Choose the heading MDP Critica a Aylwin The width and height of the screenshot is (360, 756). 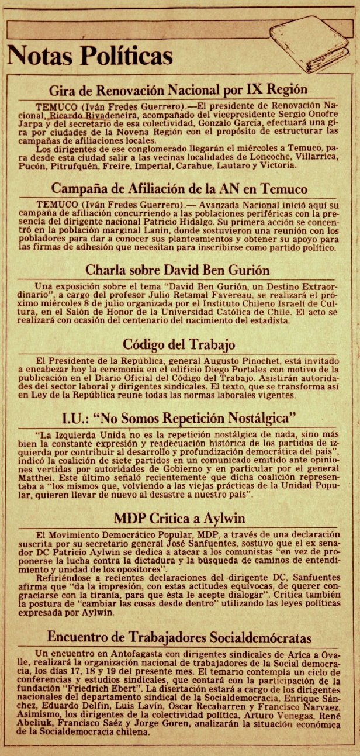pos(179,518)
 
